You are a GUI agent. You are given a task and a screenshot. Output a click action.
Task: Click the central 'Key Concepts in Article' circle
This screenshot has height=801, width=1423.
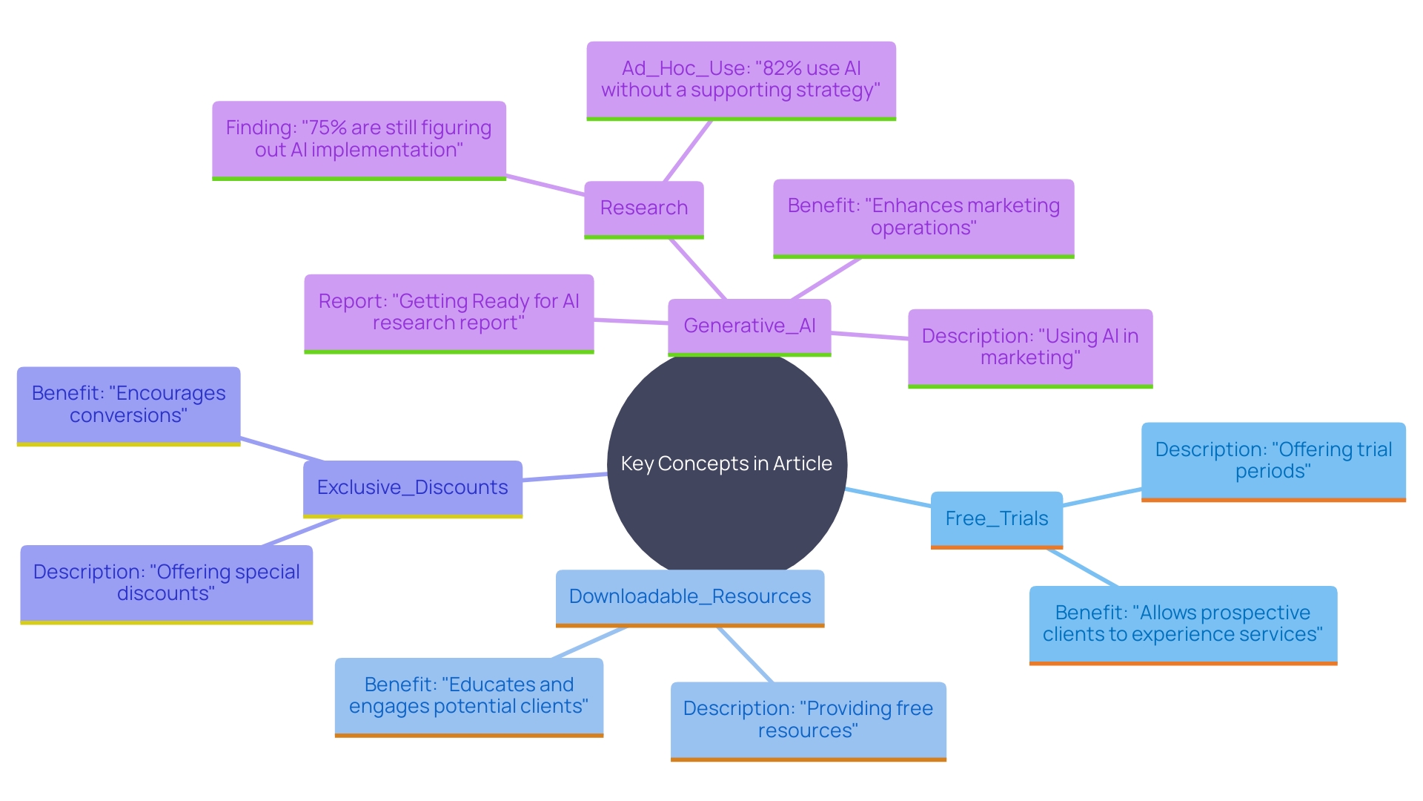pos(726,464)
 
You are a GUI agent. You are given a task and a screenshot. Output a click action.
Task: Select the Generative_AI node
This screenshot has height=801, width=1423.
pos(749,326)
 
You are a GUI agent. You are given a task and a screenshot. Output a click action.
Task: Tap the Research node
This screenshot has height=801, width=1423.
pos(643,208)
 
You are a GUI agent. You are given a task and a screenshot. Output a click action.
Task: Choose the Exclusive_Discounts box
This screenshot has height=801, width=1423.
pos(412,487)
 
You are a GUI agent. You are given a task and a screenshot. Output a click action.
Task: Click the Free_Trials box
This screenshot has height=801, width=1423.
pos(996,518)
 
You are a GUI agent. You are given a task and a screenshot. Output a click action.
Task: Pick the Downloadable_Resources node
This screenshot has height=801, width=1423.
pos(689,596)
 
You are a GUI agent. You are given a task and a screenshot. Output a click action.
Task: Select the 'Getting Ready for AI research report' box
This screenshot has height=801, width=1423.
pos(448,312)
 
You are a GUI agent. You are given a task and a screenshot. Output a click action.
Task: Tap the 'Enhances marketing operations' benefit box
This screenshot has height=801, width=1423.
pos(923,217)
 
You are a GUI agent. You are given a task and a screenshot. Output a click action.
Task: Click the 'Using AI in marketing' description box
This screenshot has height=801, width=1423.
pos(1029,346)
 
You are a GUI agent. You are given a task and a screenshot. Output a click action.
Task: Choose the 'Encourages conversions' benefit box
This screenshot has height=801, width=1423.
pos(128,404)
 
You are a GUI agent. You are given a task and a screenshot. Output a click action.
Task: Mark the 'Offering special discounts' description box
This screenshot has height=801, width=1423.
pos(166,583)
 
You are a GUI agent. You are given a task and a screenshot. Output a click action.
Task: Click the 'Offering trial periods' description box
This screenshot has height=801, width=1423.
pos(1273,461)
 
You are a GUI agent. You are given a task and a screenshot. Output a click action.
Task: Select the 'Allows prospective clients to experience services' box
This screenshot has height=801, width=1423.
pos(1182,624)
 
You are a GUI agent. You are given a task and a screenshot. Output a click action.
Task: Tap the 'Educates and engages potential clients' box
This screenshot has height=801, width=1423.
pos(468,696)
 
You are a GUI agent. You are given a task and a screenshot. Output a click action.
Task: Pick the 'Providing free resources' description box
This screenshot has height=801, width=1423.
pos(808,719)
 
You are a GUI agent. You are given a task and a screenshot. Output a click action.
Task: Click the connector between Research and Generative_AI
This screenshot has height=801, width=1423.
pos(697,268)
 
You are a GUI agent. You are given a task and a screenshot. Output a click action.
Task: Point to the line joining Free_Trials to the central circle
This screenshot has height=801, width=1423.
pos(888,498)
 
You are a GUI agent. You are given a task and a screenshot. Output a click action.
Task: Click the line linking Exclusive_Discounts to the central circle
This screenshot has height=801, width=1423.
pos(565,478)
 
